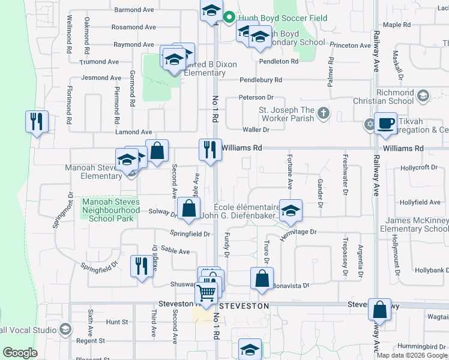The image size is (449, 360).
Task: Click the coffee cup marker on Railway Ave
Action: [385, 124]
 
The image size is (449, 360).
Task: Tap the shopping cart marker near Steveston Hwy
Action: [206, 293]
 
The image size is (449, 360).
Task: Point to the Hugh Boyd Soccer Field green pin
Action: [229, 18]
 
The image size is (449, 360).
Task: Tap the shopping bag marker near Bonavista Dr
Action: [262, 278]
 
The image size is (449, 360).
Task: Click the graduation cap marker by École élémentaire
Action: [291, 211]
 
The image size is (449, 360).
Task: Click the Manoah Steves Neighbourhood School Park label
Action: [110, 211]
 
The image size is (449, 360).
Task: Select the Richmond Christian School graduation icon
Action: [423, 96]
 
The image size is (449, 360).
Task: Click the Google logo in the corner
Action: [20, 353]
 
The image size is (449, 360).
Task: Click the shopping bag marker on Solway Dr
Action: [188, 209]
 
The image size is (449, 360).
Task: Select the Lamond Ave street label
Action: [134, 132]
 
